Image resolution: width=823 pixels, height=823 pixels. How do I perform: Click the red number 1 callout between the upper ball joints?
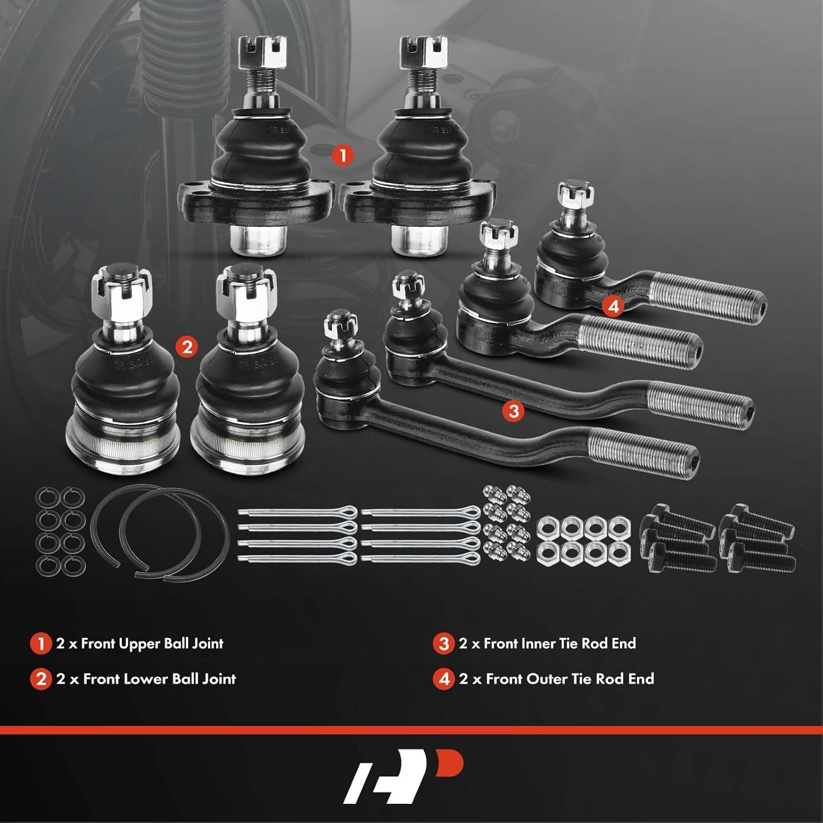pos(343,155)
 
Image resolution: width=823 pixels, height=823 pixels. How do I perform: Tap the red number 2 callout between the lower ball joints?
pos(187,347)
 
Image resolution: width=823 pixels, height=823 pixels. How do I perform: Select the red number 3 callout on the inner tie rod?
pos(514,410)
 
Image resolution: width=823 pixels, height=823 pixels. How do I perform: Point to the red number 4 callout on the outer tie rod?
pos(613,306)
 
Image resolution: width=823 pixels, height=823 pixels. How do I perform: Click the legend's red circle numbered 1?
pos(41,644)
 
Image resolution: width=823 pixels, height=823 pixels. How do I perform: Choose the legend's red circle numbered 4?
pos(444,679)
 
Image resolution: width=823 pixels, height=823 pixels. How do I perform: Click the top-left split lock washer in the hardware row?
pos(46,498)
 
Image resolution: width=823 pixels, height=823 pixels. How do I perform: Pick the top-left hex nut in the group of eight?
pos(547,527)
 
